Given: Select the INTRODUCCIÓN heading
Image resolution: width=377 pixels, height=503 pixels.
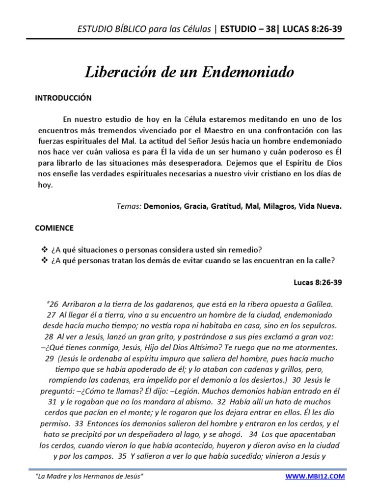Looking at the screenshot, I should coord(63,98).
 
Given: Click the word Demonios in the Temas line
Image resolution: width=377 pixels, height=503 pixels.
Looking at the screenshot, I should coord(162,206).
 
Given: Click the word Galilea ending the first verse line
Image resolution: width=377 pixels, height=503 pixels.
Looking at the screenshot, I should coord(319,304).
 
